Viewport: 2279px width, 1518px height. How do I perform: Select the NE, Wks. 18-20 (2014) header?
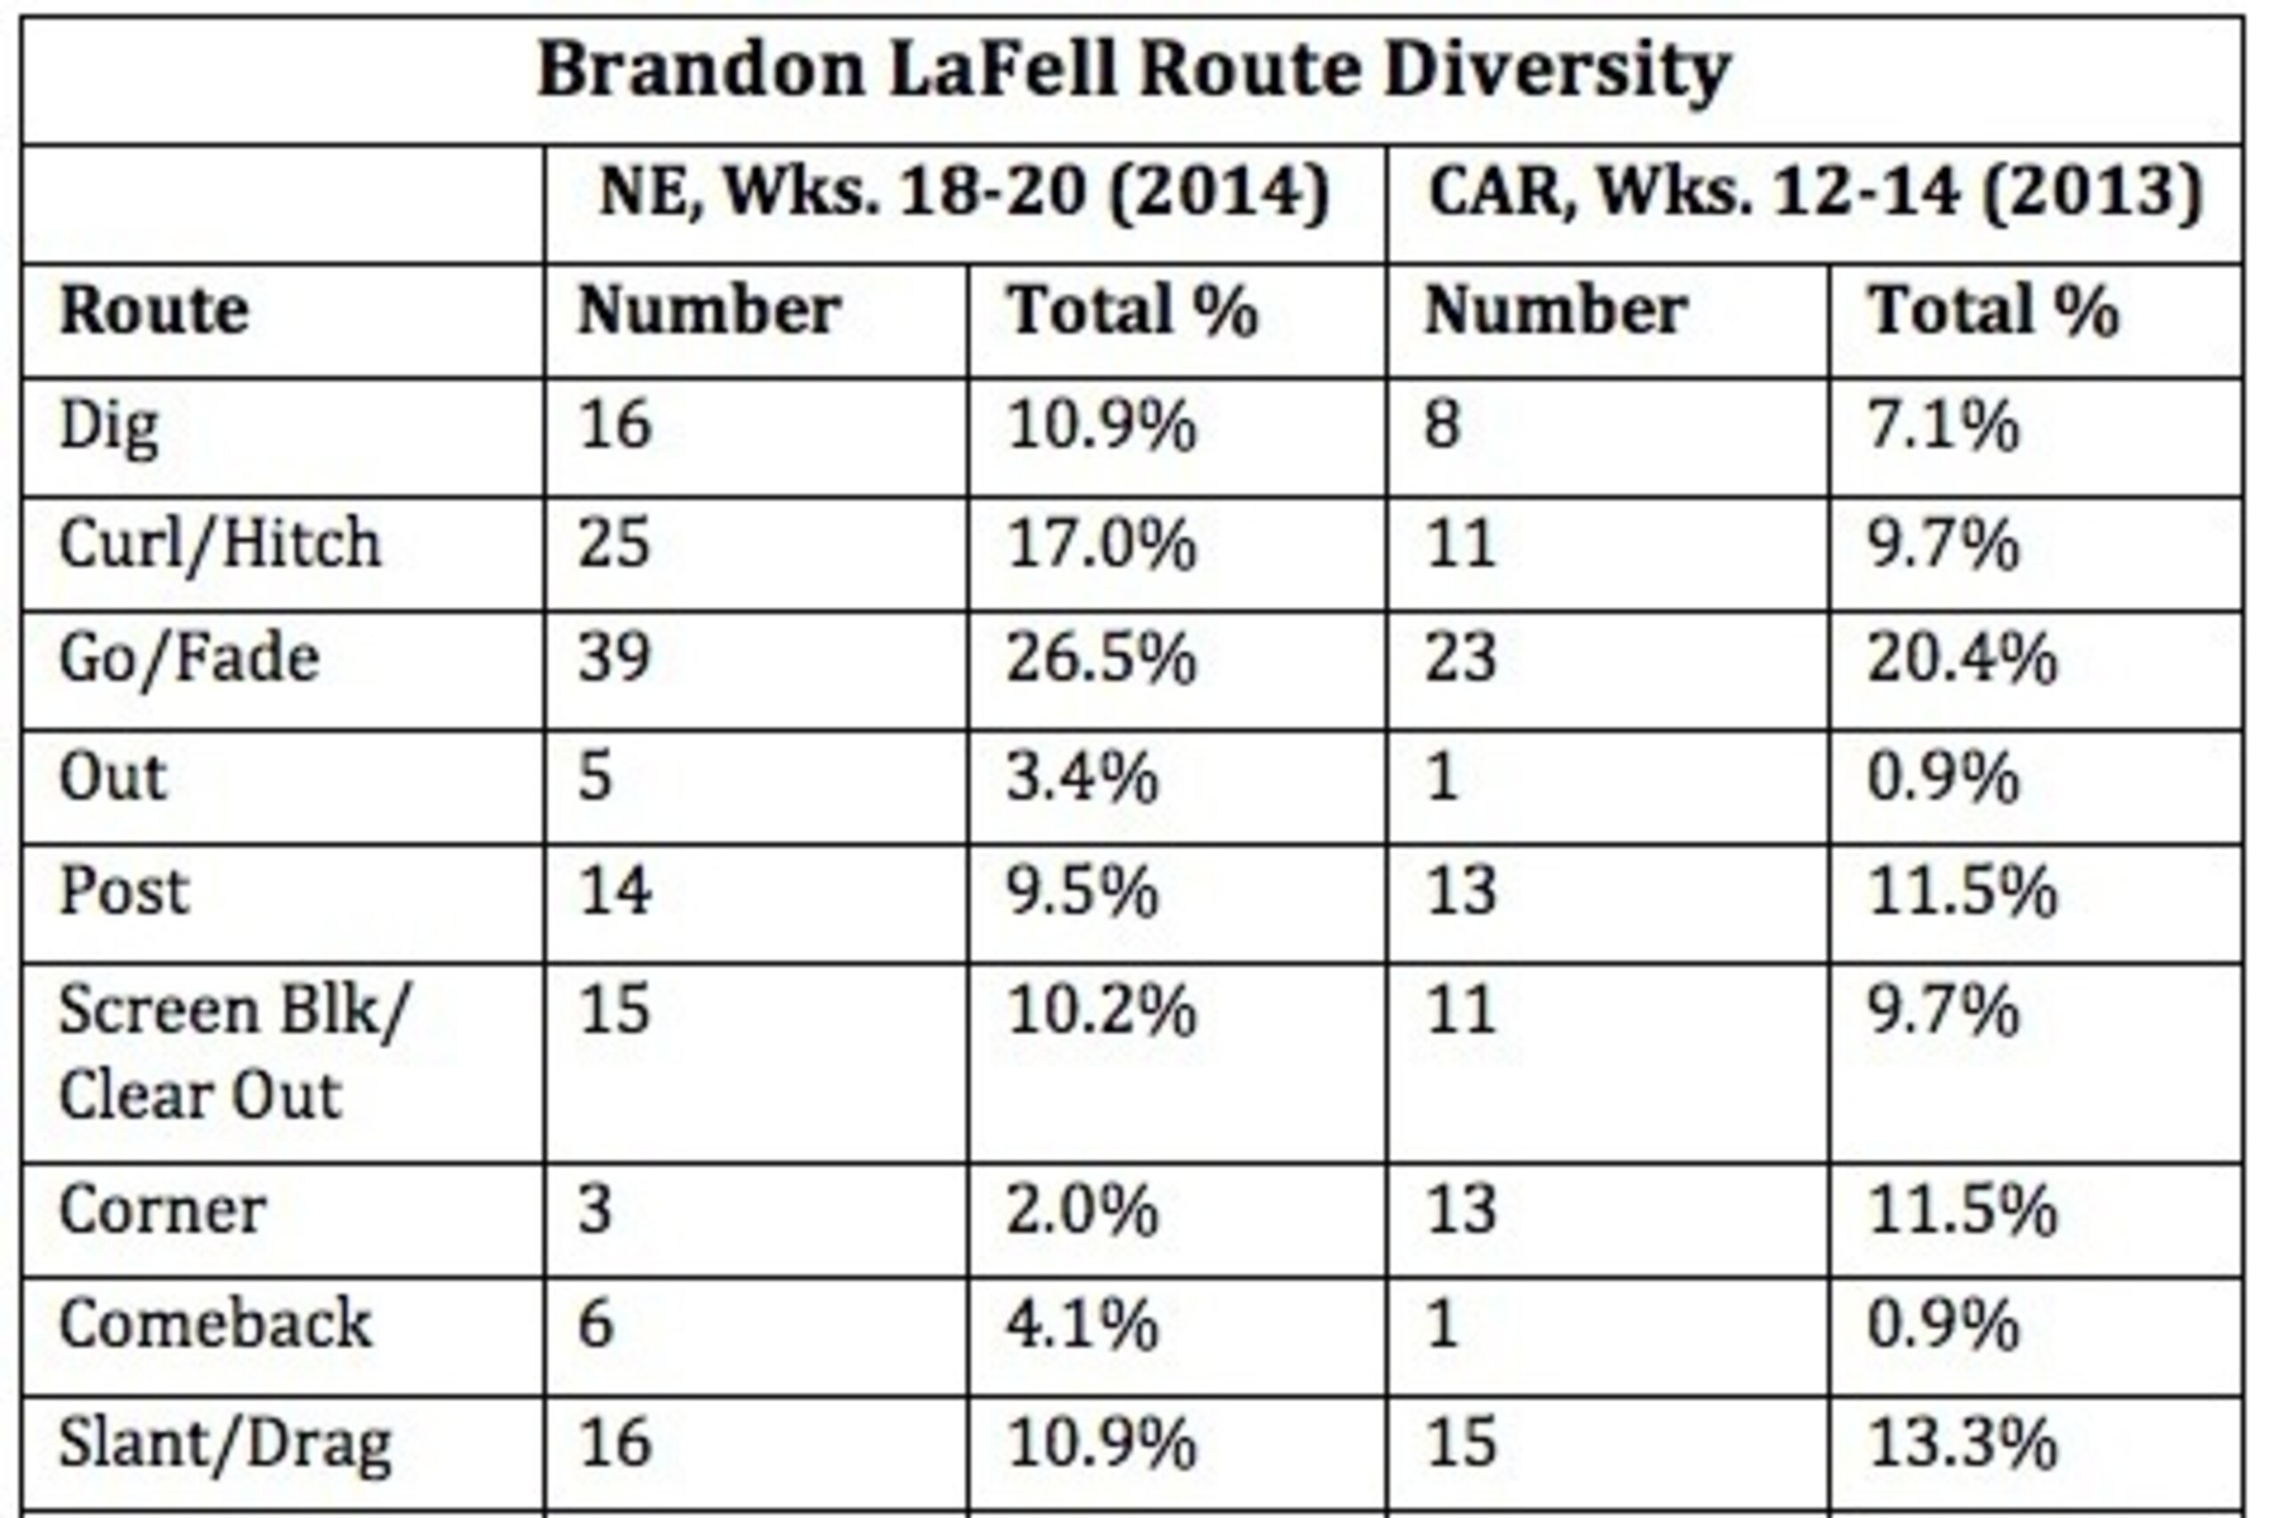(965, 192)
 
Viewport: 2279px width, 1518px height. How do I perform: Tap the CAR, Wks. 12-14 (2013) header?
(1815, 192)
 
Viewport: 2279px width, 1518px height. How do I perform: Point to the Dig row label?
(109, 429)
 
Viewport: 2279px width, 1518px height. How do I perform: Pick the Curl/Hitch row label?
(220, 543)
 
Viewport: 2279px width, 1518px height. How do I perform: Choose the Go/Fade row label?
(190, 661)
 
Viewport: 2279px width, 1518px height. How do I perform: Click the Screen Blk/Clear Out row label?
(234, 1054)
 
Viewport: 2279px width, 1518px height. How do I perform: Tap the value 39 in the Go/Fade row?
(614, 658)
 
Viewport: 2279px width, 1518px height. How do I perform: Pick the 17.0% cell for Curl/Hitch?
(1101, 543)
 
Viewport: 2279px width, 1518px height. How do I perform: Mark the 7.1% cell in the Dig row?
(1942, 426)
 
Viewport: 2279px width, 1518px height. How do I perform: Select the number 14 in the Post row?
(614, 890)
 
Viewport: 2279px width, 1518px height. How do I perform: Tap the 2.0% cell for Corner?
(1082, 1209)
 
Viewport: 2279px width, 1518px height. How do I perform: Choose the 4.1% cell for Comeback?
(1082, 1325)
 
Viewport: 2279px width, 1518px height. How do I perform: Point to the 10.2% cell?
(1101, 1011)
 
